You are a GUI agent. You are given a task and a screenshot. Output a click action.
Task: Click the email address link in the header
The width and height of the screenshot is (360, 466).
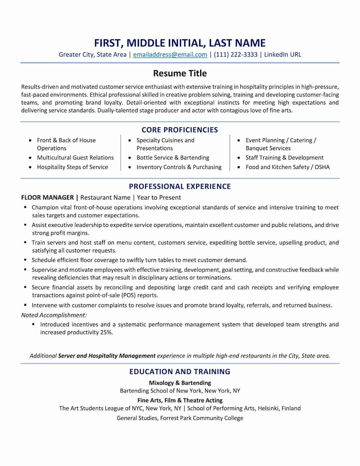click(x=170, y=55)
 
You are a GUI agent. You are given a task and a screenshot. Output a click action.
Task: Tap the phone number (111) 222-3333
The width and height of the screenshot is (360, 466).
click(x=235, y=55)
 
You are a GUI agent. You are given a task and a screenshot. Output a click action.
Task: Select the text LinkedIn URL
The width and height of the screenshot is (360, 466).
click(x=283, y=55)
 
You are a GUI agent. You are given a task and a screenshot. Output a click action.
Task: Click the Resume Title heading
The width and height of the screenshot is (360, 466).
click(x=180, y=73)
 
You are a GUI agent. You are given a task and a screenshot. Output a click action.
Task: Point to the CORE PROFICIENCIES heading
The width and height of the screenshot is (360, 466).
click(x=180, y=130)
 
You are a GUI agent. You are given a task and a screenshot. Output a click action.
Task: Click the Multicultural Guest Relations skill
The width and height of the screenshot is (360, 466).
click(x=75, y=158)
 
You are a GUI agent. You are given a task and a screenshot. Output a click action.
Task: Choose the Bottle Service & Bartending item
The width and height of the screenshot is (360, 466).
click(x=172, y=158)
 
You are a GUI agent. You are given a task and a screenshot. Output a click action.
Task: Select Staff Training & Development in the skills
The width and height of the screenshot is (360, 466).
click(x=284, y=158)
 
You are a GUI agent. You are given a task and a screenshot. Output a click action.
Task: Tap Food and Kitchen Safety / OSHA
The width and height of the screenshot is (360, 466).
click(x=287, y=167)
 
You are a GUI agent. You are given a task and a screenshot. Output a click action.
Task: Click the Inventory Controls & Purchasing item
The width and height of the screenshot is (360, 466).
click(x=179, y=167)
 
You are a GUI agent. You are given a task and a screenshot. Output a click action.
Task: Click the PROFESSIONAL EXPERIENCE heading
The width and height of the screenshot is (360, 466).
click(x=180, y=187)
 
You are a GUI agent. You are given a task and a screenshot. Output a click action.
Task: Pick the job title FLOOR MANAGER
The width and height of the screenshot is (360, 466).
click(x=48, y=198)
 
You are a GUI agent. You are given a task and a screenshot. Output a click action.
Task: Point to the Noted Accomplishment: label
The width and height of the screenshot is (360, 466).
click(x=54, y=315)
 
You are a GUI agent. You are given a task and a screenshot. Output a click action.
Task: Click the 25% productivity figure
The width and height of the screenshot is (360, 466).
click(x=106, y=332)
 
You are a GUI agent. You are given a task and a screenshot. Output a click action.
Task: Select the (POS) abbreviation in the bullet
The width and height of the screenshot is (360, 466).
click(x=129, y=295)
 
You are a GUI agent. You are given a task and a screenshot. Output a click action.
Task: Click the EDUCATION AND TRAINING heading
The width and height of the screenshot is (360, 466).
click(x=180, y=372)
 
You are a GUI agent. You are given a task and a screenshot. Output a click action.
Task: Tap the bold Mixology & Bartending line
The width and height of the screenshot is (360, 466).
click(x=180, y=383)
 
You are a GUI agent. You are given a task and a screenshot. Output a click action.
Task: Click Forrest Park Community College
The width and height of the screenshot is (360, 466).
click(x=202, y=418)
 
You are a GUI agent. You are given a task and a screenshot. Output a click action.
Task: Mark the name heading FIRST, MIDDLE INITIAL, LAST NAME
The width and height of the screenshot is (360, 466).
click(x=180, y=43)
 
